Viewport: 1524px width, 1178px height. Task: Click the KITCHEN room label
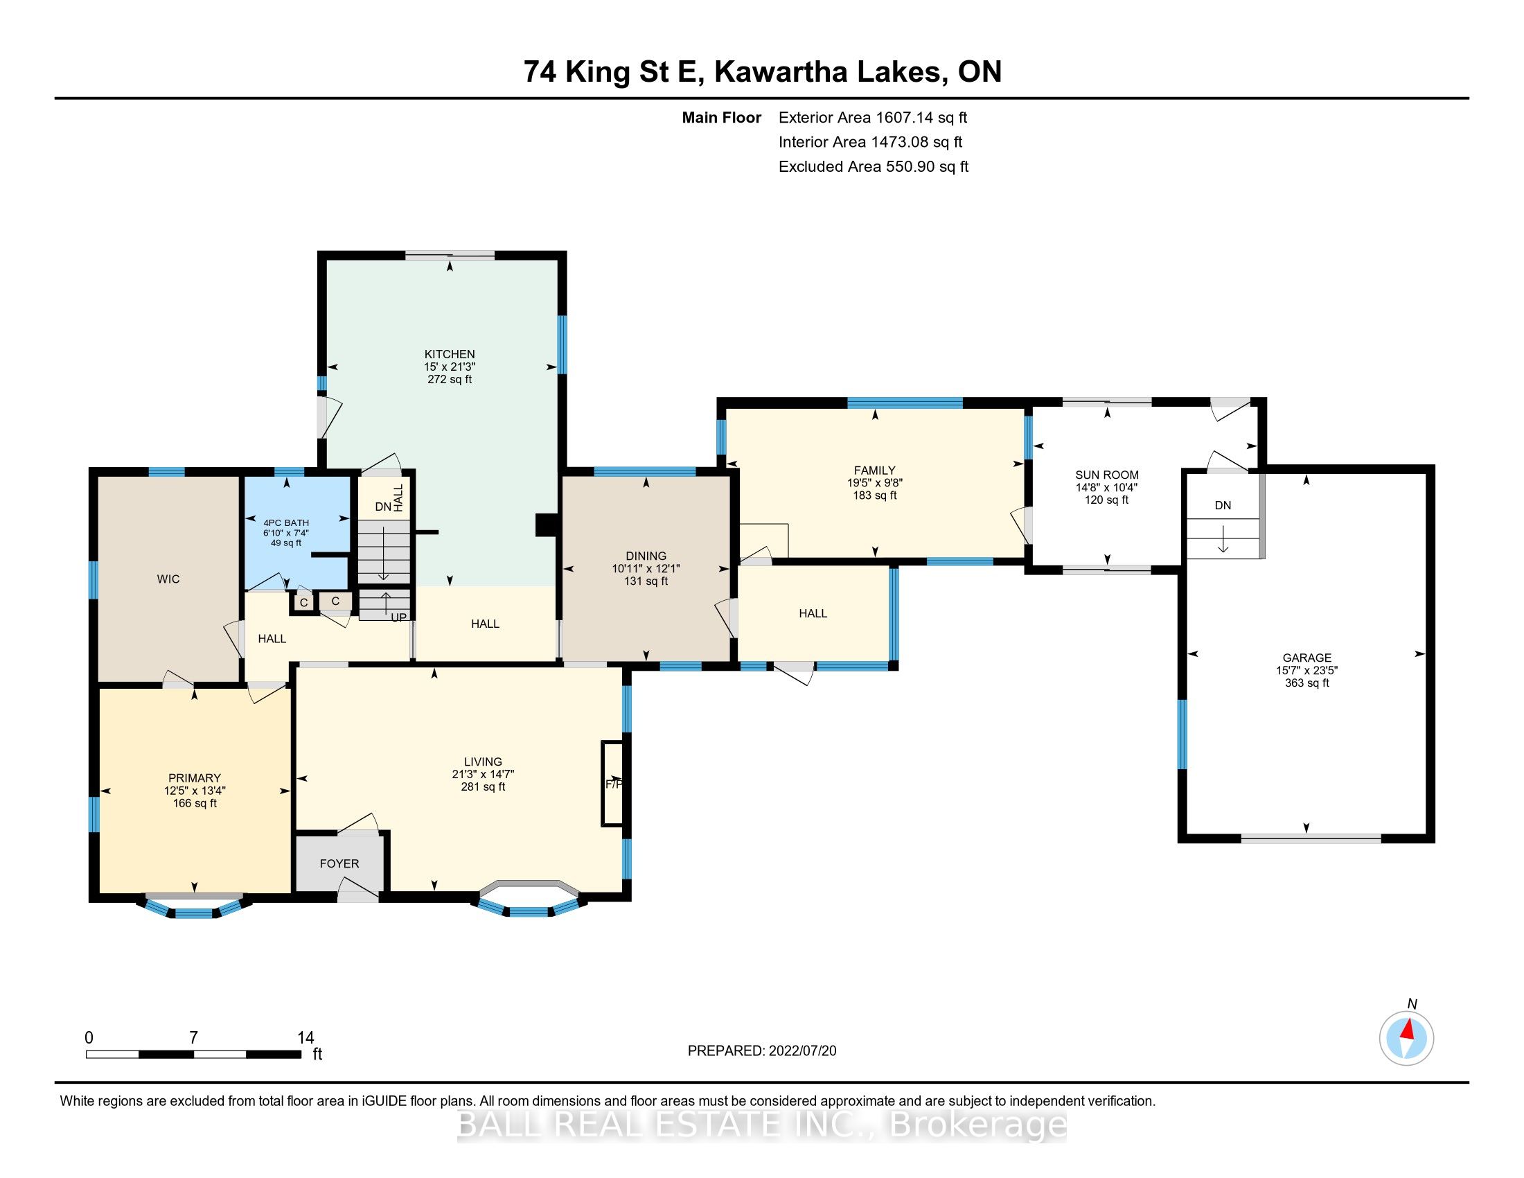[x=450, y=354]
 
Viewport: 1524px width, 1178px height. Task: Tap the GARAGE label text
[x=1307, y=658]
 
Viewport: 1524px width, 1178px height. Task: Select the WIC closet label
[x=168, y=579]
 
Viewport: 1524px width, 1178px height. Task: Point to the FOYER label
[x=339, y=863]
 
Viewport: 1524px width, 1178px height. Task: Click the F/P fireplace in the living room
[x=612, y=784]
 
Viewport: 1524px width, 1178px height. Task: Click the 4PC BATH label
[x=286, y=522]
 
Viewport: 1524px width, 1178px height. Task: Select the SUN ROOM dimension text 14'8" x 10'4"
[x=1107, y=488]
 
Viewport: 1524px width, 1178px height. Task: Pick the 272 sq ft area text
[x=450, y=379]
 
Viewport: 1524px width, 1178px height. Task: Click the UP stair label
[x=398, y=617]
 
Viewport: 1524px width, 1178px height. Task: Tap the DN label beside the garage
[x=1223, y=505]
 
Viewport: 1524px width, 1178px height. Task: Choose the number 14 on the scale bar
[x=305, y=1038]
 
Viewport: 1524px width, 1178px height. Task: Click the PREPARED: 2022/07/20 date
[x=762, y=1051]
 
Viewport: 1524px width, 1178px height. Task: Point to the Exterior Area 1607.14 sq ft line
[x=873, y=118]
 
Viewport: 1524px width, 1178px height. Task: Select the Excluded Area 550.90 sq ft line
[x=874, y=167]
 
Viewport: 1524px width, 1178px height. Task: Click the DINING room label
[x=646, y=556]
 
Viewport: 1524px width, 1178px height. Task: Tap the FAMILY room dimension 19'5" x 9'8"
[x=874, y=482]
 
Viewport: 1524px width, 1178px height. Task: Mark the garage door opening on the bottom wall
[x=1311, y=839]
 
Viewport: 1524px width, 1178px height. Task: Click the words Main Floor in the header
[x=721, y=118]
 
